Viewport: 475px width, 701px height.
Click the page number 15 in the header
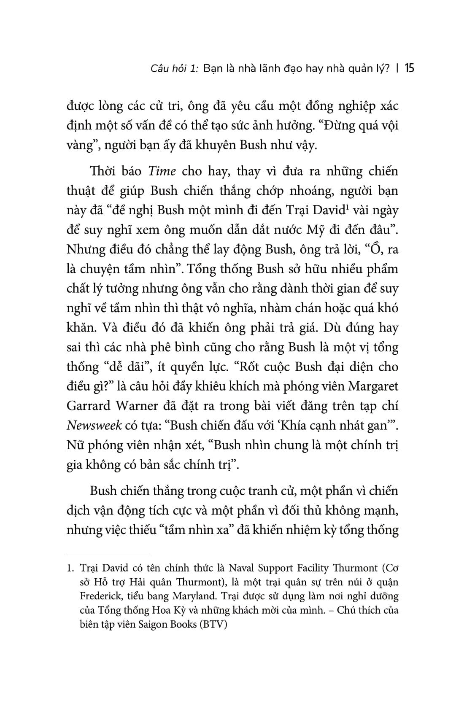coord(409,68)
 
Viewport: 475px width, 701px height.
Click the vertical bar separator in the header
coord(398,68)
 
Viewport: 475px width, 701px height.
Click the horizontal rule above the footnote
coord(108,553)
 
